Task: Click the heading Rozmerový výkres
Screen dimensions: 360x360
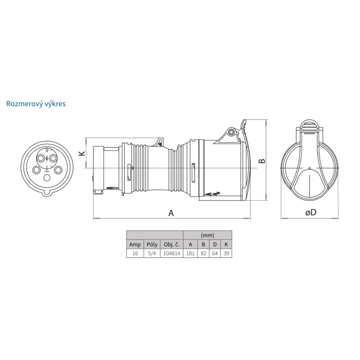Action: point(36,104)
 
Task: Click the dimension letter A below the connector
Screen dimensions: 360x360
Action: point(171,213)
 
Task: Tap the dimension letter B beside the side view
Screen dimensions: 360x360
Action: point(262,161)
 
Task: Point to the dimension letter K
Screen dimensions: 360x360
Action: point(82,153)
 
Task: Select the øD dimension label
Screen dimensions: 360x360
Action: point(311,212)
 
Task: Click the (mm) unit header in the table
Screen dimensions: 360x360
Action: point(207,235)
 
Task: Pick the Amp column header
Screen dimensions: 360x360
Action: point(135,244)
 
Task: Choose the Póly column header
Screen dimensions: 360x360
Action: point(152,244)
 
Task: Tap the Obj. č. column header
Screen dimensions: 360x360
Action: point(171,244)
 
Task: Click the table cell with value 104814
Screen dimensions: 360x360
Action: point(172,253)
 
